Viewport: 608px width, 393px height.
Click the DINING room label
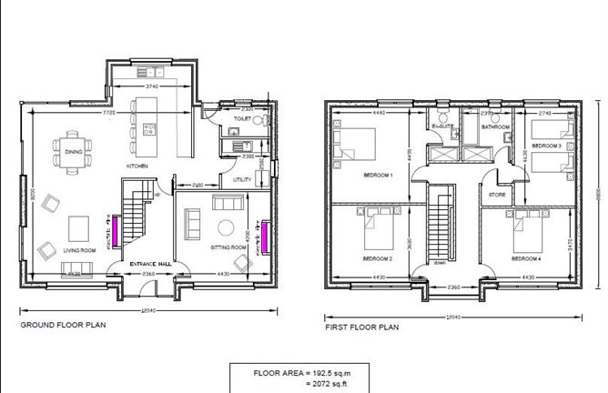(74, 164)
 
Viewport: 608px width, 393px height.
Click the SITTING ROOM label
(229, 247)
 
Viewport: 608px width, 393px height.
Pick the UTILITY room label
(242, 180)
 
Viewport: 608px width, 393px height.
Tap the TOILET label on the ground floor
(243, 119)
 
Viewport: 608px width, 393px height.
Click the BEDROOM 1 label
(378, 175)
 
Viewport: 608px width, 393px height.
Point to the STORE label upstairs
(496, 194)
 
